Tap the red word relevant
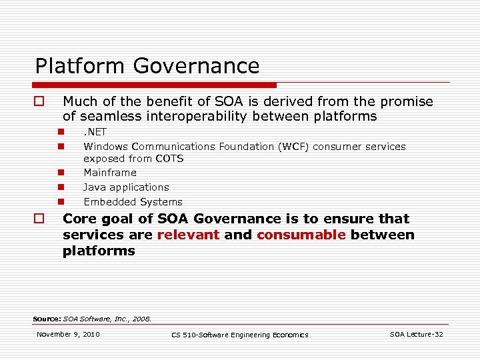[188, 235]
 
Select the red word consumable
[301, 235]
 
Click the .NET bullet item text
[95, 132]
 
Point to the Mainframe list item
[109, 173]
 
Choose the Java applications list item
[126, 187]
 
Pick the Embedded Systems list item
[133, 202]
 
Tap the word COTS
[169, 159]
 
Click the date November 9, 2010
[68, 334]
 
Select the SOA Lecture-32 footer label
[416, 334]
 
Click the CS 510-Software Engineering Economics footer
[240, 335]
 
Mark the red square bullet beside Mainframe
[60, 173]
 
